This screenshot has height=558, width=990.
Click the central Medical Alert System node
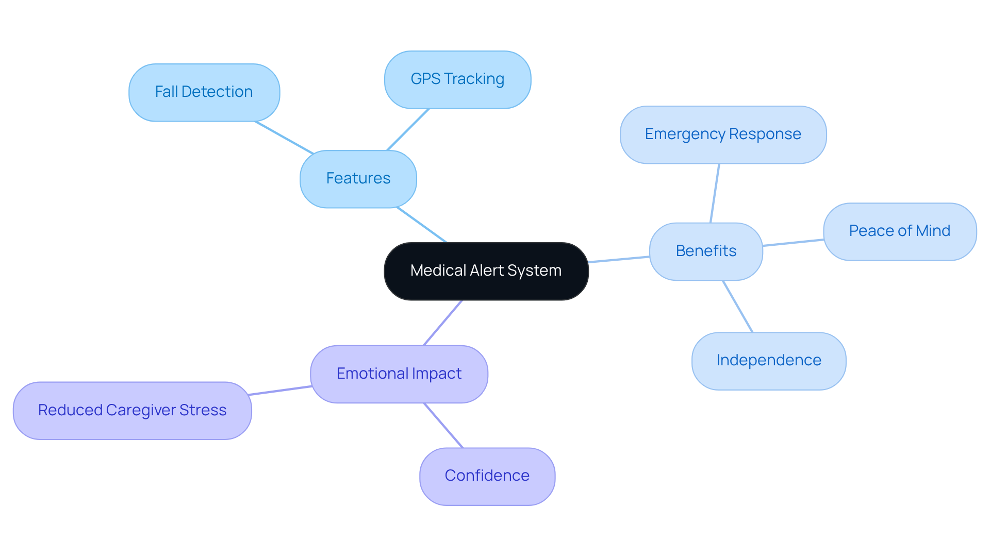click(486, 271)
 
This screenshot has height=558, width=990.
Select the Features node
click(358, 179)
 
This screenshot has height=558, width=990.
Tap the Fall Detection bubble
click(204, 92)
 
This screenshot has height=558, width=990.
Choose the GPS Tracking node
click(457, 79)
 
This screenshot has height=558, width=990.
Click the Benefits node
click(705, 251)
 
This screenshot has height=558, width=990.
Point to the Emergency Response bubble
click(723, 134)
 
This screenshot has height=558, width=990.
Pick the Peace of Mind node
click(899, 231)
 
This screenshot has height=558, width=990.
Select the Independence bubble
click(768, 361)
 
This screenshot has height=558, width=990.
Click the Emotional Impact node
click(399, 374)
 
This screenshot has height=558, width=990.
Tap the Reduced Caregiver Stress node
click(132, 411)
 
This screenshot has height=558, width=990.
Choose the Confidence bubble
click(487, 476)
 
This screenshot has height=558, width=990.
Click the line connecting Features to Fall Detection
click(284, 138)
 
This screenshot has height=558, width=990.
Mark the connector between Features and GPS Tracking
click(408, 129)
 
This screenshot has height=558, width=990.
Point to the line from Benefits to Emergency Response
click(715, 193)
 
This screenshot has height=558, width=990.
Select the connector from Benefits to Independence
click(738, 307)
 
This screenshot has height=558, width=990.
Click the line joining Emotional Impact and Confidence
click(443, 426)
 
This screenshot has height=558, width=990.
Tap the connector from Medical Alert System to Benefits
click(619, 259)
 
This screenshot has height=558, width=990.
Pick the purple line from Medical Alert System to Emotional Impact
click(442, 323)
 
